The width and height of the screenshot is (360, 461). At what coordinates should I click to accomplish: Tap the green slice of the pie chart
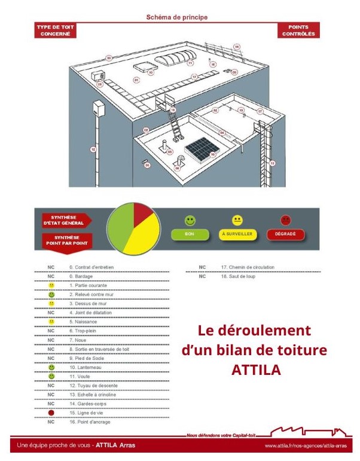[120, 227]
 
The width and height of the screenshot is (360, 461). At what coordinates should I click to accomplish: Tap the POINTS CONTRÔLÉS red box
[298, 30]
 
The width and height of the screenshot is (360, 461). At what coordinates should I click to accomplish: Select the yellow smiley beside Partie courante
[51, 286]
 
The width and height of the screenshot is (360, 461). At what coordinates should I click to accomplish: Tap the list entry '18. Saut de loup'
[239, 276]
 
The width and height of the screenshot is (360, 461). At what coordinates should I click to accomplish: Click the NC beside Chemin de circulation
[203, 267]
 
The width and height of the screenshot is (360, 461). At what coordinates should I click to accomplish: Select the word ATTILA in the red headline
[255, 370]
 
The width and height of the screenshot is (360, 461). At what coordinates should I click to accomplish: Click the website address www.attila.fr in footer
[305, 446]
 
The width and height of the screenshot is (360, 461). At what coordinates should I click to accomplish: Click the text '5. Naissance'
[84, 321]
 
